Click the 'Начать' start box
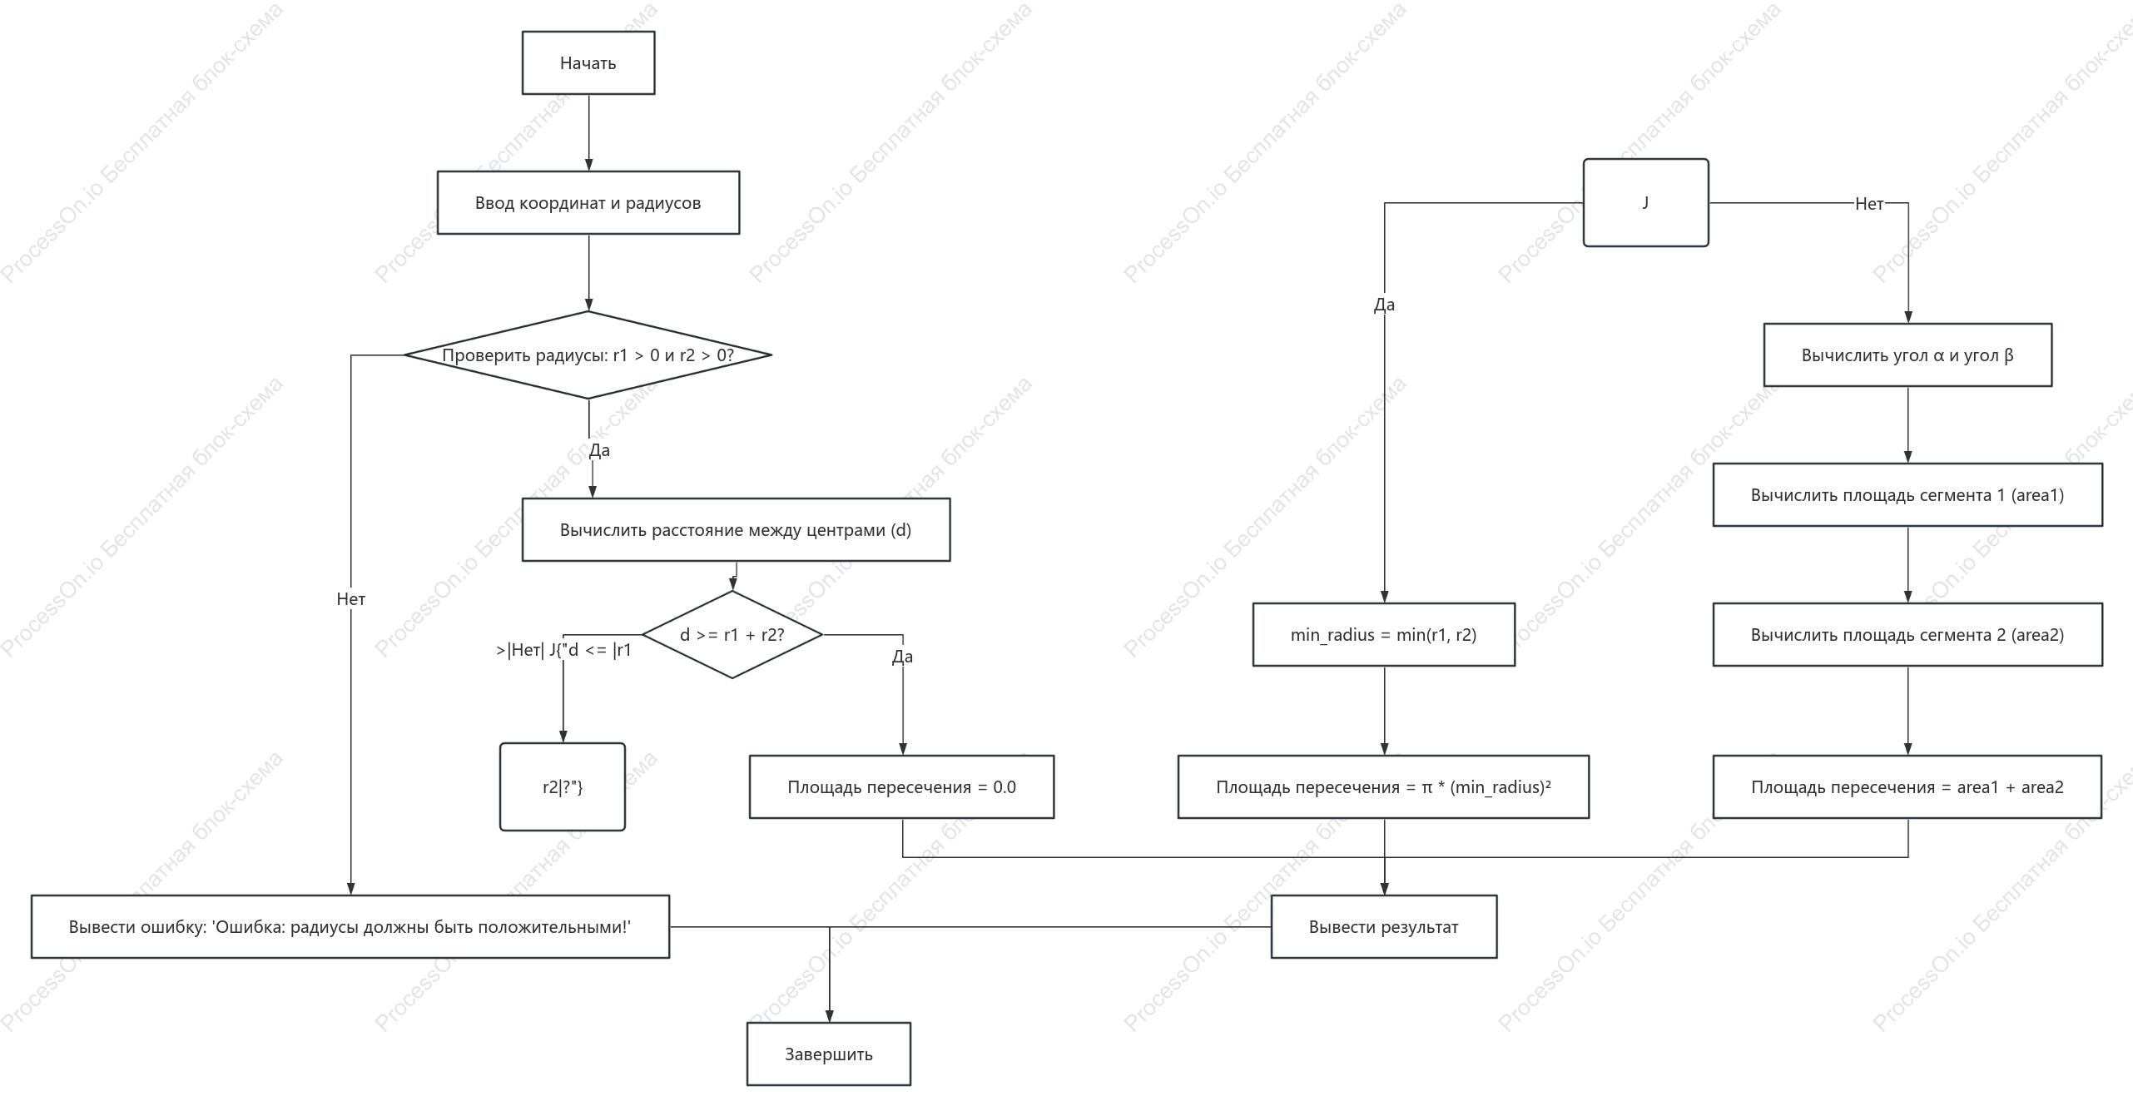588,63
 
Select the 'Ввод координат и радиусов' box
588,203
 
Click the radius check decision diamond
588,355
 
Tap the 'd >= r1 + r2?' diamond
732,635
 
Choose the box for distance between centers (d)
736,530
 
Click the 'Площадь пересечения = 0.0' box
901,787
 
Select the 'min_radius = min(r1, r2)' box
1384,635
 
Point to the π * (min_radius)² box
1383,787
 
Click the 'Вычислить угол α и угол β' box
1907,355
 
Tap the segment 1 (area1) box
1907,495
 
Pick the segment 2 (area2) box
1907,635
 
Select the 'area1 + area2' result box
1907,787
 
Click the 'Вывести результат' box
1384,927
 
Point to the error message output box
350,927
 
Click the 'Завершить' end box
829,1054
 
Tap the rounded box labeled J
1646,203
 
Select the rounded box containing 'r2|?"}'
563,787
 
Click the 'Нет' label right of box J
1869,204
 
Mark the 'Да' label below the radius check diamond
599,450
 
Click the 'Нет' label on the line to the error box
351,599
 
